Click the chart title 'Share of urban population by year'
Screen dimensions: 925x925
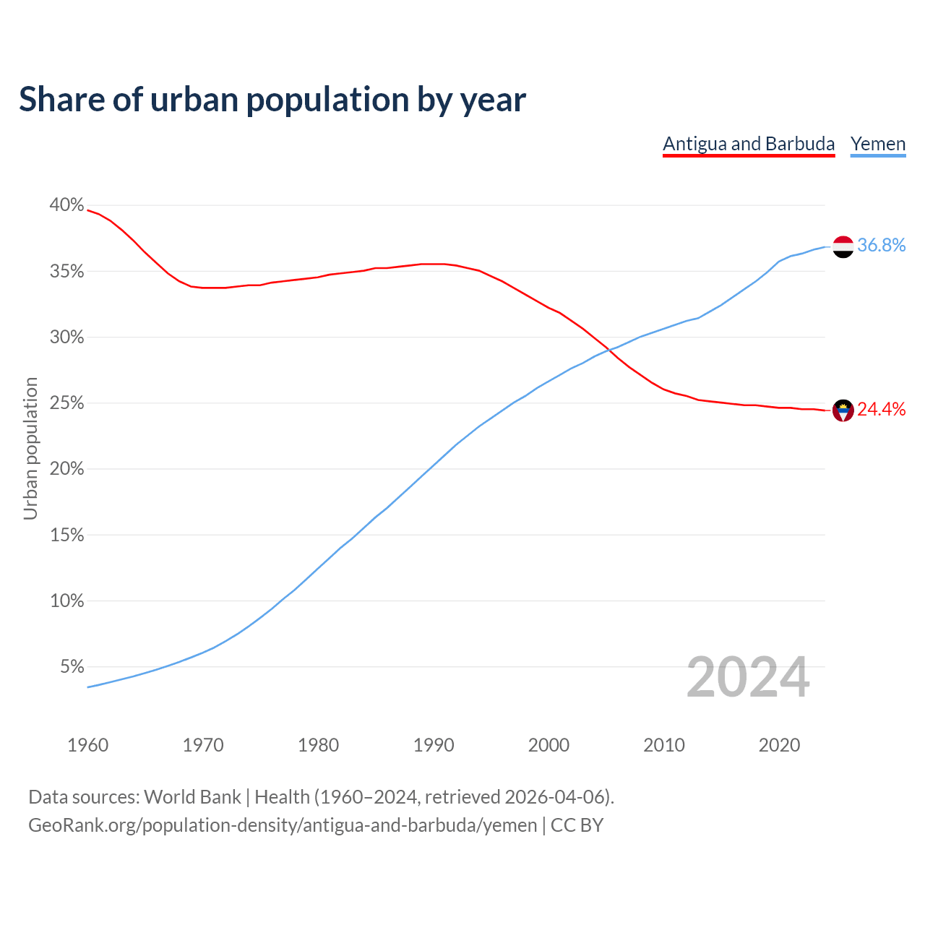click(272, 99)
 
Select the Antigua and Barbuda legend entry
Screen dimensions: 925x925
click(749, 144)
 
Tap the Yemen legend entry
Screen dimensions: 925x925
click(878, 144)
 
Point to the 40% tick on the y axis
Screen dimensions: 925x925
click(66, 205)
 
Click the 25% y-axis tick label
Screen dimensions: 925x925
click(66, 403)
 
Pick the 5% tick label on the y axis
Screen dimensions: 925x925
click(72, 667)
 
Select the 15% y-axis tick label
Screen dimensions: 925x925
click(66, 535)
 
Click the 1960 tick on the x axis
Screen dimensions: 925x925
click(88, 745)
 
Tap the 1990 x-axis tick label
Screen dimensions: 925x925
click(434, 745)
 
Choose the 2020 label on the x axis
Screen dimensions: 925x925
click(779, 745)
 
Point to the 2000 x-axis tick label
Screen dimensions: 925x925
click(548, 745)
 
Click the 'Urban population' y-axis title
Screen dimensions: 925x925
click(30, 448)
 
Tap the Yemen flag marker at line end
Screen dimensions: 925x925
click(843, 246)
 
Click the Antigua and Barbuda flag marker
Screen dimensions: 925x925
click(843, 410)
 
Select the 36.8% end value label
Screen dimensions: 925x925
click(881, 246)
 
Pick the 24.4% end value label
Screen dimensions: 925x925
click(881, 410)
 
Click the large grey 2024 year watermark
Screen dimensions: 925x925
click(748, 677)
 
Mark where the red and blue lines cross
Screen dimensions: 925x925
click(611, 350)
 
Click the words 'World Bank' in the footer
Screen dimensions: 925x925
click(192, 797)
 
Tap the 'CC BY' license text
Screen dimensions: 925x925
click(577, 825)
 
